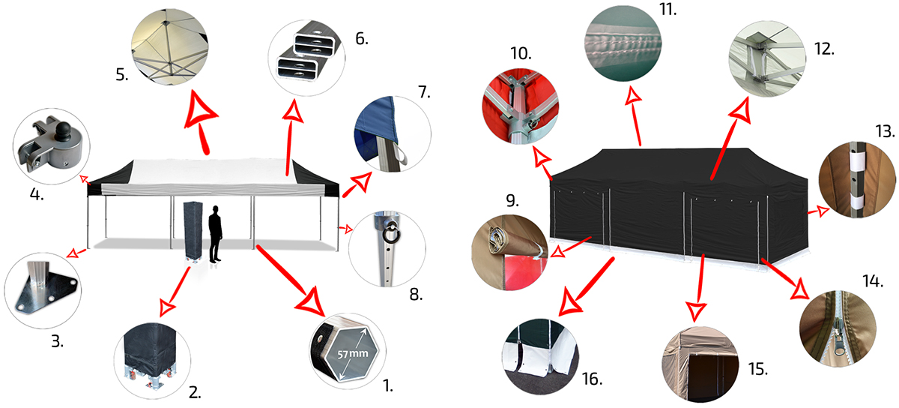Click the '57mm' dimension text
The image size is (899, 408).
(352, 354)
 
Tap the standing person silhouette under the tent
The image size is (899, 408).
(216, 234)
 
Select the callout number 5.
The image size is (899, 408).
(122, 75)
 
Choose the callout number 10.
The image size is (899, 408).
(521, 53)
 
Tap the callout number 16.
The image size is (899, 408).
(592, 379)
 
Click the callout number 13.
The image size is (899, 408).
(885, 131)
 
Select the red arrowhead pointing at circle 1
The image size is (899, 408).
(311, 301)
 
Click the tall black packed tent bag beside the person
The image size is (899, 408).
(193, 231)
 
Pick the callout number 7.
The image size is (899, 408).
(424, 92)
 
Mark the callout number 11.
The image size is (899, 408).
(668, 9)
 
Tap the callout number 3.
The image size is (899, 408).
(57, 341)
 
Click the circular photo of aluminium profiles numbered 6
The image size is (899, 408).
(306, 58)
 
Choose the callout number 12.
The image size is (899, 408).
(824, 49)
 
